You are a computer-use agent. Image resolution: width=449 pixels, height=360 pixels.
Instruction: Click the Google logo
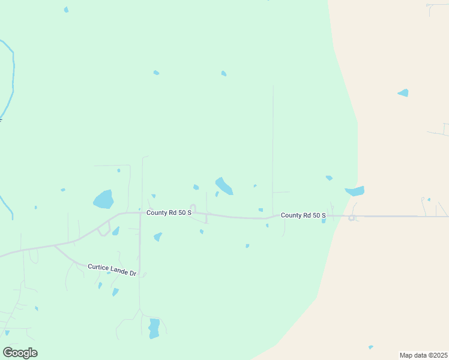click(20, 353)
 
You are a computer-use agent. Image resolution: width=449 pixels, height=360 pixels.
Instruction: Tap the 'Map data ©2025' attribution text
click(424, 355)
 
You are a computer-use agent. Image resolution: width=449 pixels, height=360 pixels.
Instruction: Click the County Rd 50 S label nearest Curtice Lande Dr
click(169, 212)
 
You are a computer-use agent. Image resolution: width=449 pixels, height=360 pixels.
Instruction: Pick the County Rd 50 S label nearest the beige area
click(303, 215)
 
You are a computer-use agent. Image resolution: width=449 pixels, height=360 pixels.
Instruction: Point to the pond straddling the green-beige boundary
click(355, 191)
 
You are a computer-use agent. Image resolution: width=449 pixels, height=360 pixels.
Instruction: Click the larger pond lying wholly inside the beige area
click(403, 93)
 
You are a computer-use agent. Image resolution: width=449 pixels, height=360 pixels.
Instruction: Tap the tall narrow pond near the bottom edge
click(154, 328)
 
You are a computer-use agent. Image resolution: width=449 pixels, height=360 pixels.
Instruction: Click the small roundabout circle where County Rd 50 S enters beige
click(351, 218)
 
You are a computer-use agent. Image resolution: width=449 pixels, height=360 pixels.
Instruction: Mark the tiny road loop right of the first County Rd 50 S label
click(193, 208)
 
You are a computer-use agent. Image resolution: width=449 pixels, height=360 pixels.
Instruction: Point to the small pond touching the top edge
click(66, 10)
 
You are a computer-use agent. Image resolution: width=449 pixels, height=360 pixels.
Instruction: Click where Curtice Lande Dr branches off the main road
click(55, 245)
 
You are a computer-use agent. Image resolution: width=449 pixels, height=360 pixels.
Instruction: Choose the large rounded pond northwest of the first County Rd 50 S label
click(103, 199)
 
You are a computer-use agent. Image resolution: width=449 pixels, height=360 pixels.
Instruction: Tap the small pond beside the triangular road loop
click(116, 231)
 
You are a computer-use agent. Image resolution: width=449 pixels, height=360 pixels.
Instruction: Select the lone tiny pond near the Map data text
click(370, 347)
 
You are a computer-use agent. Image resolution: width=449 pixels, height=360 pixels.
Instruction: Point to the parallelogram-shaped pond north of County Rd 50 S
click(224, 186)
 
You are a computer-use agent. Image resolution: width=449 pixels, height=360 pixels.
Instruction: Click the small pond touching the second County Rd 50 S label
click(324, 221)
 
